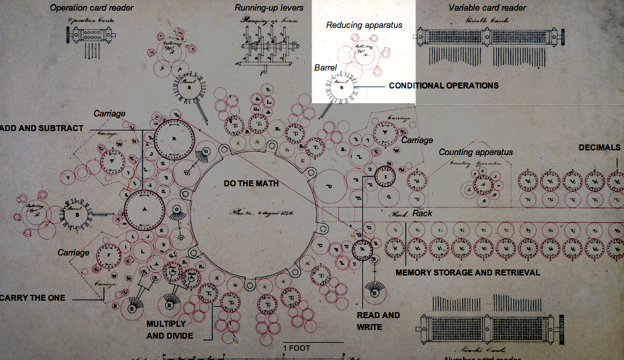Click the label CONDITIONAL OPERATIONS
coord(444,86)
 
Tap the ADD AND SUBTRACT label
coord(43,128)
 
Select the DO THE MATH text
coord(250,182)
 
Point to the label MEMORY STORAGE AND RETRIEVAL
coord(468,273)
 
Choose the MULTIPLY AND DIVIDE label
coord(170,330)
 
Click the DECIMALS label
coord(599,148)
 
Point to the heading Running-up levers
coord(269,8)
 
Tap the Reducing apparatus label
coord(364,25)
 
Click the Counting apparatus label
coord(475,152)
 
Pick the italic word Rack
coord(422,214)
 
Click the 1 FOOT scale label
coord(297,348)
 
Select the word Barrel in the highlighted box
coord(326,67)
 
